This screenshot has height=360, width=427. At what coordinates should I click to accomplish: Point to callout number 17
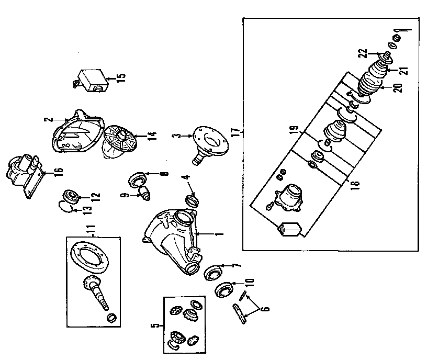tap(237, 132)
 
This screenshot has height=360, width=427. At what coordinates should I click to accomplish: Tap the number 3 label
tap(177, 136)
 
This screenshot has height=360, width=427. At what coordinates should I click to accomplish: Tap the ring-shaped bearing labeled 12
tap(71, 196)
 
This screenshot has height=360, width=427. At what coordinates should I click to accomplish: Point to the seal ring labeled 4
tap(192, 201)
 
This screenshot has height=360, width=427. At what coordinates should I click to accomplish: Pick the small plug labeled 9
tap(144, 193)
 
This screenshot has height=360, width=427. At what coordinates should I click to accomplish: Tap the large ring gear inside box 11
tap(90, 257)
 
